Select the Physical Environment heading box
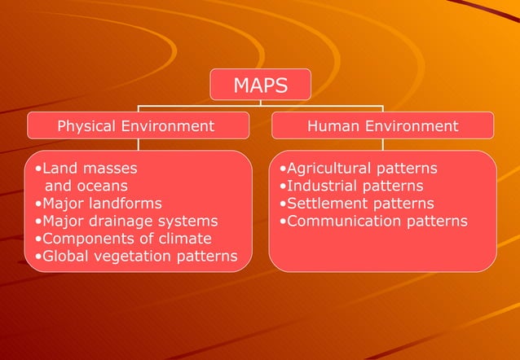coord(136,126)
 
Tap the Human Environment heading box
coord(382,126)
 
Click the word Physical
coord(86,126)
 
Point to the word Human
coord(332,126)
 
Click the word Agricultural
coord(327,169)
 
